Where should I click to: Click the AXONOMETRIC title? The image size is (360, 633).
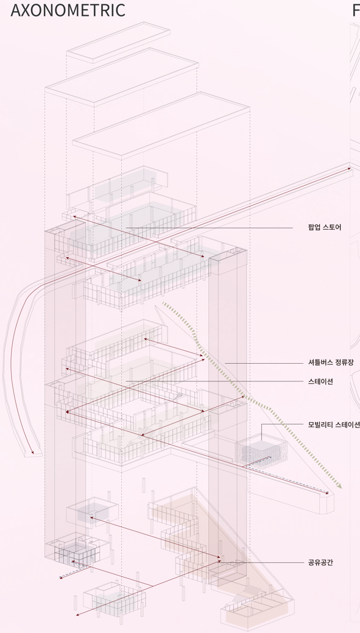(68, 10)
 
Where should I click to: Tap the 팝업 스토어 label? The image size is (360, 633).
(325, 227)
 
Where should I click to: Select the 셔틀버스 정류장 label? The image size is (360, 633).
(331, 362)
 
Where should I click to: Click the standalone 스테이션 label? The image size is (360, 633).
(320, 381)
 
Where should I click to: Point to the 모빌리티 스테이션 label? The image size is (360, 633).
(334, 424)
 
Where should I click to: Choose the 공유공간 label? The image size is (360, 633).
(320, 562)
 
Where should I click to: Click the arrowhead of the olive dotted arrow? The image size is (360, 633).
(339, 486)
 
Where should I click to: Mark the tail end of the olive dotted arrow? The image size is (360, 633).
(163, 302)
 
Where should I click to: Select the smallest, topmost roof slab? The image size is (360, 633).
(118, 43)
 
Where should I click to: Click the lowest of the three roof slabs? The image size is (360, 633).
(160, 124)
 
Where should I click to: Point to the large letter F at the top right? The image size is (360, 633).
(356, 10)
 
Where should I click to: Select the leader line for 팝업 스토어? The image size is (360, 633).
(209, 228)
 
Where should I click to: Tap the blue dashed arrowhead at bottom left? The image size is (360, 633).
(61, 578)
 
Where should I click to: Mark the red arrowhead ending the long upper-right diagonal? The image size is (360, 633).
(349, 168)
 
